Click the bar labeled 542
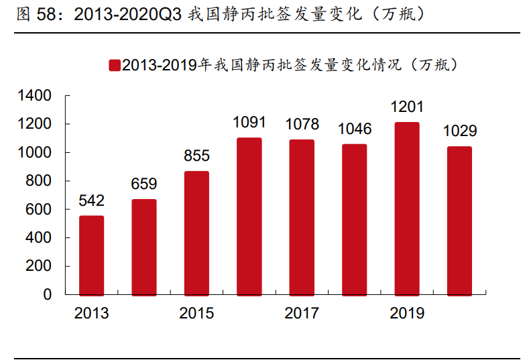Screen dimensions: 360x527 [91, 255]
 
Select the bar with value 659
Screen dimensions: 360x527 [144, 247]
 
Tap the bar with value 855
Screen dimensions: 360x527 [196, 233]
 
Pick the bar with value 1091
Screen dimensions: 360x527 [249, 217]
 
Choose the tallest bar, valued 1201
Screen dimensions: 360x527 [407, 208]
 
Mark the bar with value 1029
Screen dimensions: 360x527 [459, 221]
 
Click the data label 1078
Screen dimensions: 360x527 [302, 124]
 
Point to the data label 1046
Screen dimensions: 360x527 [355, 129]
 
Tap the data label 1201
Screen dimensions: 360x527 [407, 107]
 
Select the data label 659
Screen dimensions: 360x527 [144, 184]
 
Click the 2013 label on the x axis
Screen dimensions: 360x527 [91, 313]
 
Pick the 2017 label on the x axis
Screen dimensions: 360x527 [302, 313]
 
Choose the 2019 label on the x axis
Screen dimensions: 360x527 [407, 313]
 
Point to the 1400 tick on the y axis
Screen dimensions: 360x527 [36, 96]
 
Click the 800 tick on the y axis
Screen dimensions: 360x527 [40, 181]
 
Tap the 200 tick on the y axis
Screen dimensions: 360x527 [40, 266]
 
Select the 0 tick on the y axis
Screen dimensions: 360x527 [48, 294]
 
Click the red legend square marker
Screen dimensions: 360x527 [115, 65]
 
